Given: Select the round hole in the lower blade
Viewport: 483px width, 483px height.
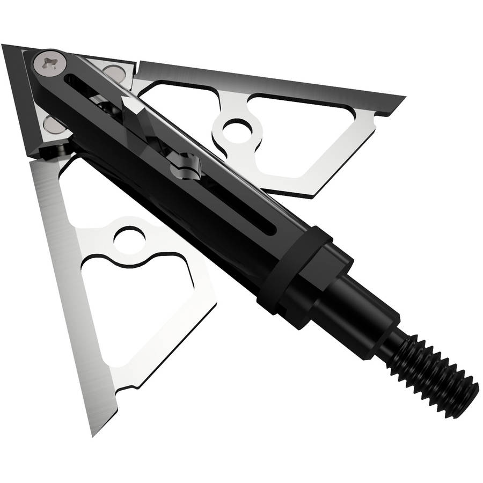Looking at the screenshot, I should pos(128,237).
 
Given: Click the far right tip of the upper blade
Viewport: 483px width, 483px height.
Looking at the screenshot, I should pos(402,99).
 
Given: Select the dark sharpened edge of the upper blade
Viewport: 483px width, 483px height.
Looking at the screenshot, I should pos(268,78).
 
